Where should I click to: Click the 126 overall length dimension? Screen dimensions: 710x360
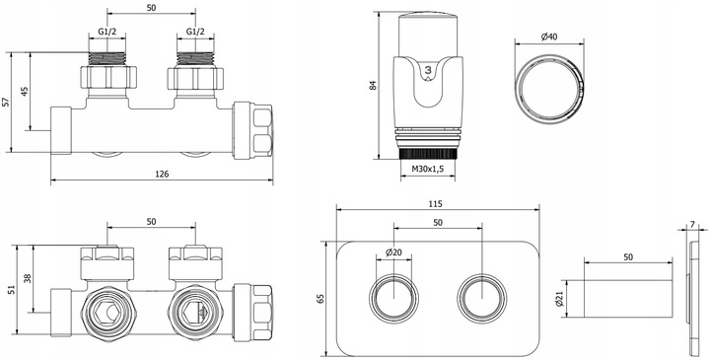click(162, 174)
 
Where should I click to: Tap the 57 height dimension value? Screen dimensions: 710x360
click(6, 103)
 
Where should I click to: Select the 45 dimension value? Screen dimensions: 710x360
click(25, 92)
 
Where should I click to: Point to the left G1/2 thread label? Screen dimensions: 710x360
click(106, 32)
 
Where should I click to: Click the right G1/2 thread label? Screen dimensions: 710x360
click(195, 32)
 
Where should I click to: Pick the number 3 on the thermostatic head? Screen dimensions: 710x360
click(428, 69)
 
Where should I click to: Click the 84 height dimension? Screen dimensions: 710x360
click(373, 85)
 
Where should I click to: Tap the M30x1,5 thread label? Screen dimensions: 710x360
click(427, 170)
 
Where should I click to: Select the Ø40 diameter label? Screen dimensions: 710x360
click(549, 36)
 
